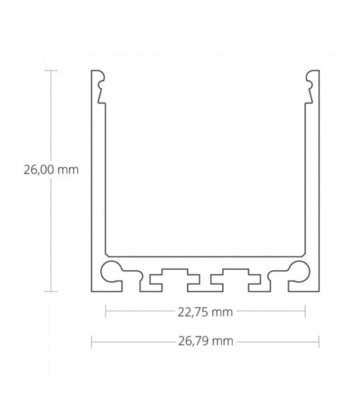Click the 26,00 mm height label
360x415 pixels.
tap(51, 171)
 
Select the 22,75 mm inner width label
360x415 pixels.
tap(205, 312)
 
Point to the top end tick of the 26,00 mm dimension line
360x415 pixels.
tap(51, 69)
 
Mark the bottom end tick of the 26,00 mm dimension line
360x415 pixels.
tap(51, 292)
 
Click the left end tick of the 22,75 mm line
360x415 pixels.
tap(106, 312)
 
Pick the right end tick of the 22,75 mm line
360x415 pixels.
tap(305, 312)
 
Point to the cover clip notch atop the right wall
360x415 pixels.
tap(309, 88)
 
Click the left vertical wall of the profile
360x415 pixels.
tap(95, 182)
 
